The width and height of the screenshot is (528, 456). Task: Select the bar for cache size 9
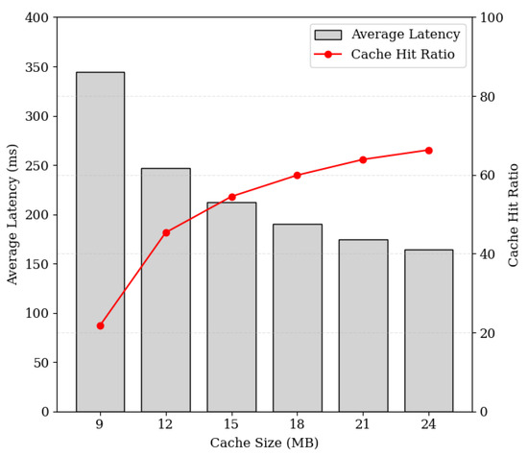coord(100,242)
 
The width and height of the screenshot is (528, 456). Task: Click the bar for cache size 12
coord(166,290)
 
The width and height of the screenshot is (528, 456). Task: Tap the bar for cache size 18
coord(298,318)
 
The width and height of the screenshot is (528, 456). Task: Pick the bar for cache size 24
coord(428,330)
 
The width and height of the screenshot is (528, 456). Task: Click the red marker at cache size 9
coord(100,325)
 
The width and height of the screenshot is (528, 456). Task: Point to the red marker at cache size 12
coord(166,232)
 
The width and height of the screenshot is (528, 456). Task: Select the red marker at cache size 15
coord(231,197)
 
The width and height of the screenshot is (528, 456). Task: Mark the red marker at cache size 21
coord(363,159)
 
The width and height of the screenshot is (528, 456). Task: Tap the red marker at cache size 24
coord(428,150)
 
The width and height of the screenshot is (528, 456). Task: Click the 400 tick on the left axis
coord(36,17)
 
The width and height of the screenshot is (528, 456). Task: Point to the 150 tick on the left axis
coord(36,264)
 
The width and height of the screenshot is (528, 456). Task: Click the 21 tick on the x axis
coord(363,424)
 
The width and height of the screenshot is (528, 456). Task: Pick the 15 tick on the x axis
coord(231,424)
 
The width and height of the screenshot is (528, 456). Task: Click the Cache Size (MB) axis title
coord(264,443)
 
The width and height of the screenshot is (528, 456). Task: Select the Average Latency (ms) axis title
coord(13,214)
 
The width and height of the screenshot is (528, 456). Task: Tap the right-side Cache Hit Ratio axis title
coord(514,214)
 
